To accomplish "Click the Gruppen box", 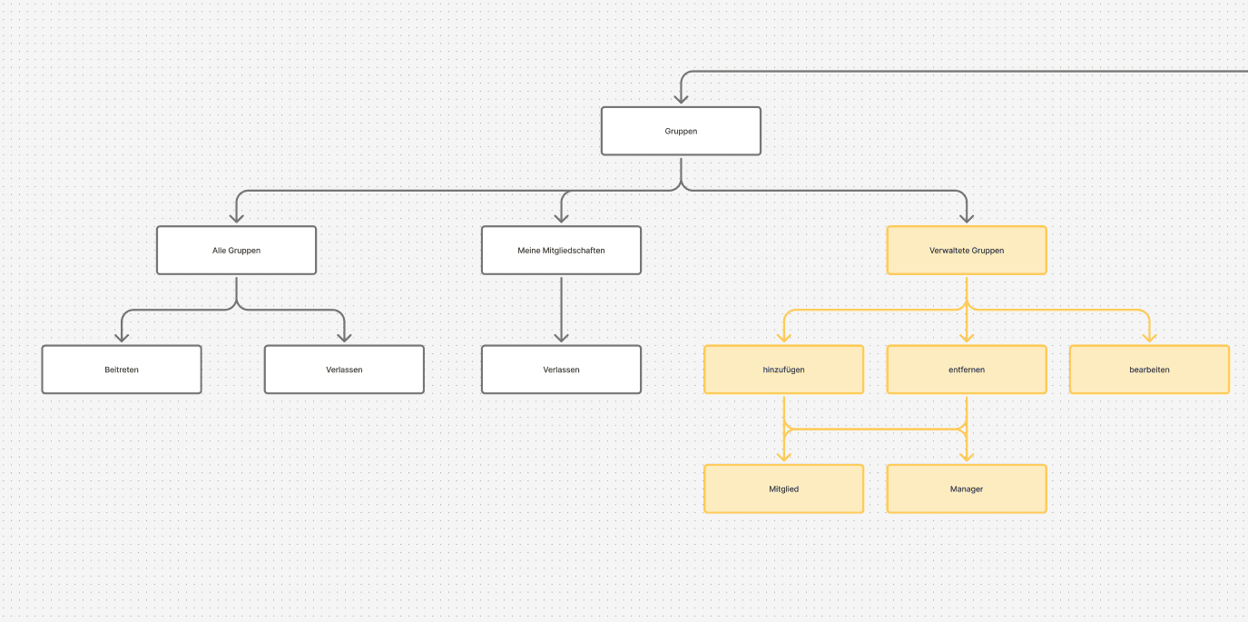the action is pos(681,131).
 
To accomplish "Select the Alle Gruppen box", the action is pos(236,250).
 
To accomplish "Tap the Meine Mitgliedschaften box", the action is pos(561,250).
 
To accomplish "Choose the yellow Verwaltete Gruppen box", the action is pos(967,250).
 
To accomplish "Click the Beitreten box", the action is pos(122,370).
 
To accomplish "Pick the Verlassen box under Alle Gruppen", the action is pos(344,370).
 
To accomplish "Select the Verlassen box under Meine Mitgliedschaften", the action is pos(561,370).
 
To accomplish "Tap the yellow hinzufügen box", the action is pos(783,370).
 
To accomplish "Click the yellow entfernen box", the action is pos(967,370).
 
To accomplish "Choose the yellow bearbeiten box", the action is pos(1149,370).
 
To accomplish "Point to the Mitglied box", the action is pos(783,489).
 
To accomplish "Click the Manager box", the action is pos(967,489).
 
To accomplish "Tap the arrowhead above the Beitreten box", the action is pos(122,337).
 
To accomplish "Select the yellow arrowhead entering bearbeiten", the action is pos(1149,337).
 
